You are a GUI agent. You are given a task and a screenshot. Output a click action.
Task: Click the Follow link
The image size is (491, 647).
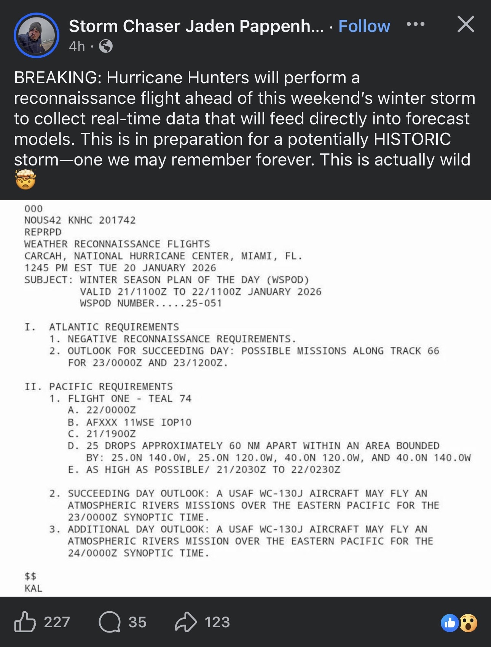[364, 26]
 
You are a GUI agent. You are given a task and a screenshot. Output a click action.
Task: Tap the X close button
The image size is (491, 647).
[465, 24]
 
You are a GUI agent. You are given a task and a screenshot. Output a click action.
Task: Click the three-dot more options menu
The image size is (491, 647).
[415, 24]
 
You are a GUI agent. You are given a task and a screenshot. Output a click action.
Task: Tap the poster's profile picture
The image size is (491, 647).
[37, 35]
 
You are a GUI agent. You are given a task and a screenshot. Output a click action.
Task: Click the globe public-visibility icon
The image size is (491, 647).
[106, 46]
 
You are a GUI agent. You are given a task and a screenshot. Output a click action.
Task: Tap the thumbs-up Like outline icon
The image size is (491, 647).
[25, 622]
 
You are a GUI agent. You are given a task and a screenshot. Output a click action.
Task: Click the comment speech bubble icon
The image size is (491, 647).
[110, 622]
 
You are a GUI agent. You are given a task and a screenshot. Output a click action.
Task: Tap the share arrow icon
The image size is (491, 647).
[185, 622]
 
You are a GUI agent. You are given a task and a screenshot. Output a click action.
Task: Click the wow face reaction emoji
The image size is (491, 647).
[469, 623]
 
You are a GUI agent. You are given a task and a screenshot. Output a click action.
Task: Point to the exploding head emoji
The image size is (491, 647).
[25, 180]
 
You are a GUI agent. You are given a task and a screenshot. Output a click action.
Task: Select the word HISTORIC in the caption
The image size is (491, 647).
[412, 139]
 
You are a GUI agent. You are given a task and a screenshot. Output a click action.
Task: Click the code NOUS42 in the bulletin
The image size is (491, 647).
[42, 220]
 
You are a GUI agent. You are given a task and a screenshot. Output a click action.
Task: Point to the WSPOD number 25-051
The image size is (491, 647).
[204, 303]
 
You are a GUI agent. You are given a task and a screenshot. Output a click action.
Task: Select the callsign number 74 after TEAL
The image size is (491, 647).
[185, 398]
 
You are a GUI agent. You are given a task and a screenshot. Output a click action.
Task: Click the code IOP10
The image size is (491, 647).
[176, 422]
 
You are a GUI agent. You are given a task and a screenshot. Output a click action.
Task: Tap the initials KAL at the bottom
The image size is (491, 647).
[33, 588]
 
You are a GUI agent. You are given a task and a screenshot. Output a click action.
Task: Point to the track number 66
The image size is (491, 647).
[433, 351]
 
